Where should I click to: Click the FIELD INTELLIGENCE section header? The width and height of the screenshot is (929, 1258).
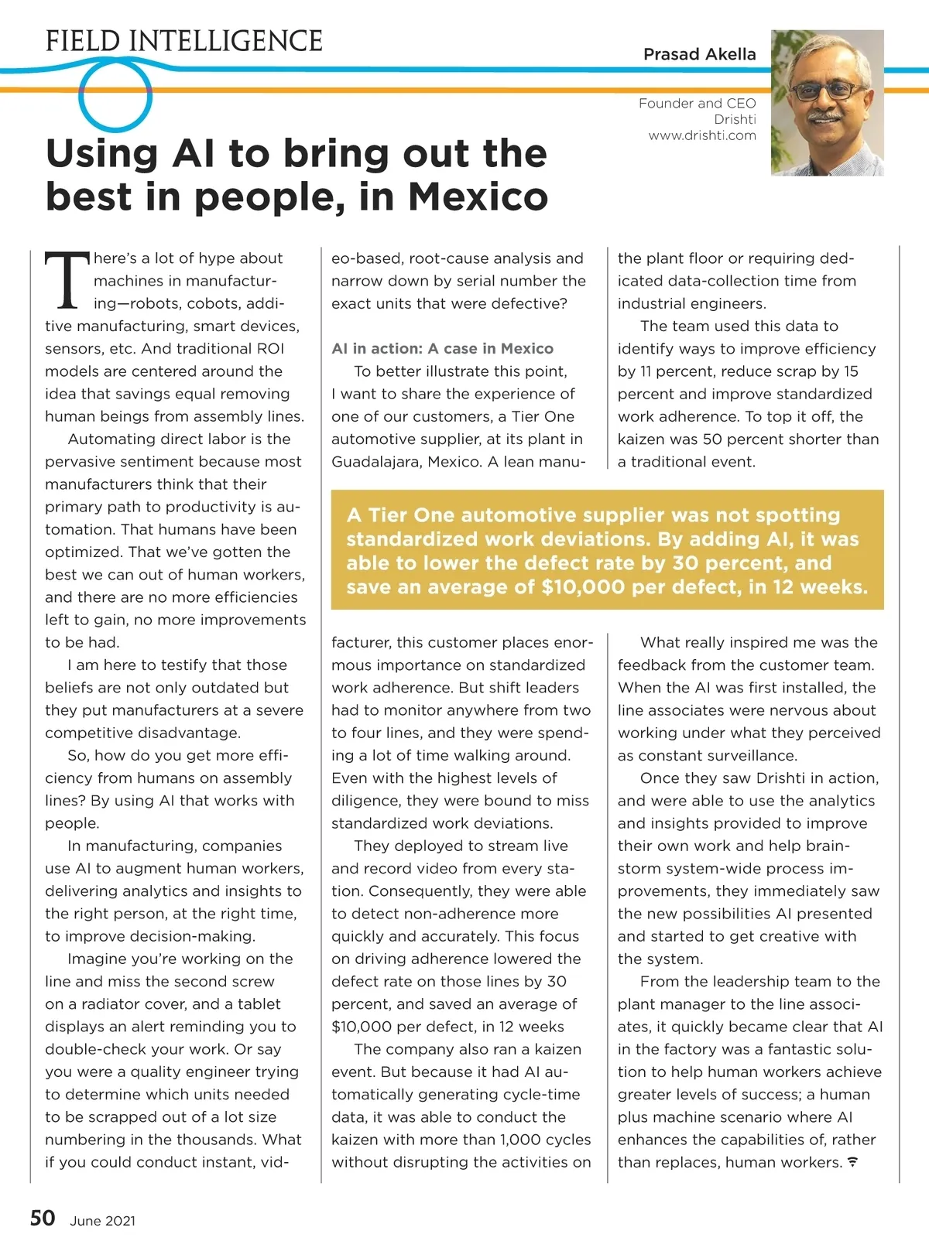[184, 41]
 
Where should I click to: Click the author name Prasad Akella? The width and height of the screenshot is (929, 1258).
[699, 54]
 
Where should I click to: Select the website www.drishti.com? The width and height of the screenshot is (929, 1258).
[702, 135]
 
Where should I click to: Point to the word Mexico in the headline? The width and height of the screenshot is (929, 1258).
[478, 197]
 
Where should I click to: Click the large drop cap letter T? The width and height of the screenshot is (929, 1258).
[67, 279]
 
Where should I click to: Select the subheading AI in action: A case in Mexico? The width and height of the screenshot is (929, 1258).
[442, 348]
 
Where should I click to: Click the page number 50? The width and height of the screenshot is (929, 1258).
[43, 1219]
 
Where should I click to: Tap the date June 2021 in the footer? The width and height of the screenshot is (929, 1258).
[102, 1221]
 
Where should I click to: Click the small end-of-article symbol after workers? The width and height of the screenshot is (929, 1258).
[852, 1162]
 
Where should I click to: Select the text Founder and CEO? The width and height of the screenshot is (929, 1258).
[697, 103]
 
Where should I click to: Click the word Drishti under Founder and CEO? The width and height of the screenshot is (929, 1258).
[735, 119]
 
